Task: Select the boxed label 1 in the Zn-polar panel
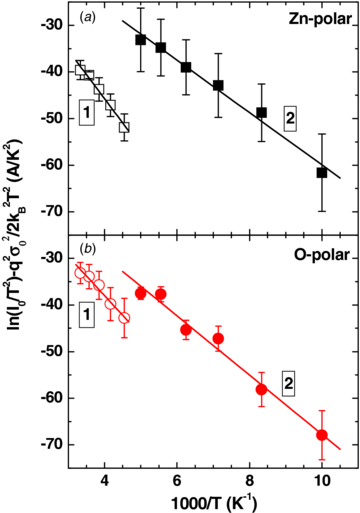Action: [x=88, y=115]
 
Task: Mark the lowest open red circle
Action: [x=124, y=318]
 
